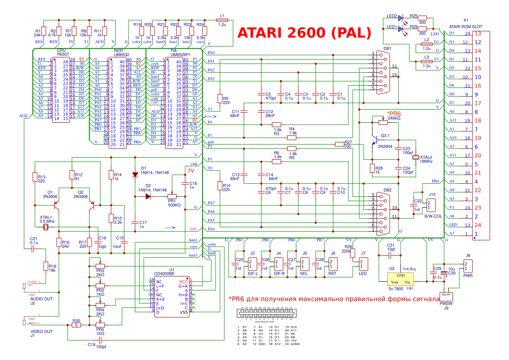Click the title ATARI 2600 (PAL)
point(304,33)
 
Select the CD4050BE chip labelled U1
point(172,296)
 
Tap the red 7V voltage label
point(191,171)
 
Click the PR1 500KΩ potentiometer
point(174,196)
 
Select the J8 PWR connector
point(468,265)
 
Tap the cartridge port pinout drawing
point(265,314)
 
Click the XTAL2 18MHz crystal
point(416,157)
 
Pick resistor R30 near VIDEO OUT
point(77,325)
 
